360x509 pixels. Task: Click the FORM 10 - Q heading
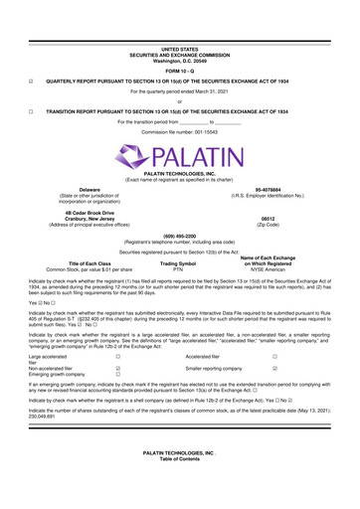(x=180, y=41)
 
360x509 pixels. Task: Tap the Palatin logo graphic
(x=180, y=155)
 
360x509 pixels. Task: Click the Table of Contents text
(x=180, y=494)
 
